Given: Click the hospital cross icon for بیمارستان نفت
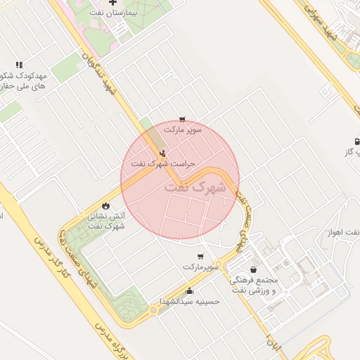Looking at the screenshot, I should click(112, 4).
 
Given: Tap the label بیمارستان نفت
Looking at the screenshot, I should click(124, 13).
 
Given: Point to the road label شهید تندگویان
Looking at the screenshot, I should click(98, 71).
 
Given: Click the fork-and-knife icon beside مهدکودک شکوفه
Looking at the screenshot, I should click(19, 64).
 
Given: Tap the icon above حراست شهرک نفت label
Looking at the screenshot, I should click(164, 153).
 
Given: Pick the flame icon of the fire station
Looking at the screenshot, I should click(105, 206).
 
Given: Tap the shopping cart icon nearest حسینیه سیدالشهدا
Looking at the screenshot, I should click(201, 257).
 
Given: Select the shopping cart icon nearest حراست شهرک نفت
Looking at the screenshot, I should click(183, 120).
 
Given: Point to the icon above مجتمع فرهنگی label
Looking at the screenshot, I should click(253, 269).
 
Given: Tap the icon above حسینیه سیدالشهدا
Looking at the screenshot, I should click(188, 290).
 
